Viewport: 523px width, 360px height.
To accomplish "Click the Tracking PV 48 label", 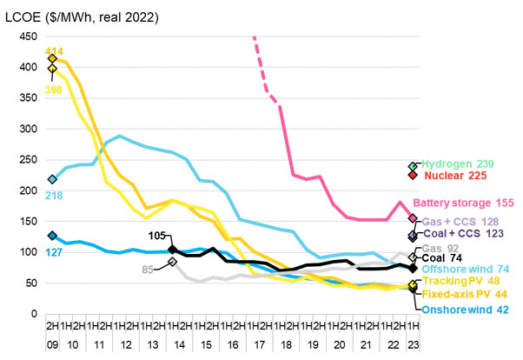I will pyautogui.click(x=460, y=283).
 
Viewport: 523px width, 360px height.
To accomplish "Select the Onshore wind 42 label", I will pyautogui.click(x=467, y=309).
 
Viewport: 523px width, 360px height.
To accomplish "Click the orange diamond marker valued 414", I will pyautogui.click(x=52, y=58).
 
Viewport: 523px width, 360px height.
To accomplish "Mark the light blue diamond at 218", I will pyautogui.click(x=52, y=179).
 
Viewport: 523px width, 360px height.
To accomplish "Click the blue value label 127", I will pyautogui.click(x=53, y=253).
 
